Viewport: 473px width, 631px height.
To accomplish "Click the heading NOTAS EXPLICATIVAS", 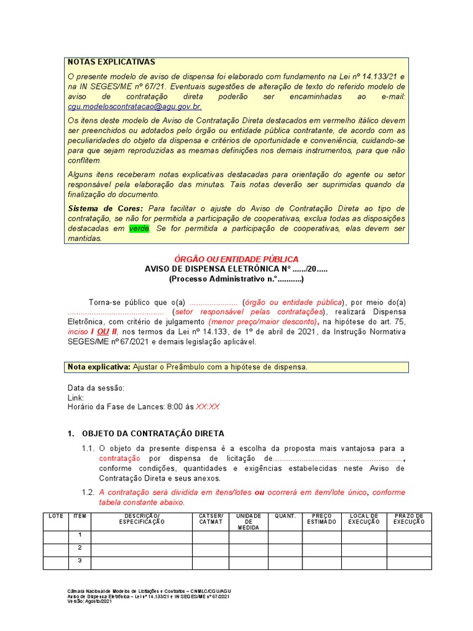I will pyautogui.click(x=111, y=62).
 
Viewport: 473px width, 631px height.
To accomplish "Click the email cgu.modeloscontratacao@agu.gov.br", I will pyautogui.click(x=134, y=107).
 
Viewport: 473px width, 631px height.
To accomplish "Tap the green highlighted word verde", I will pyautogui.click(x=139, y=229).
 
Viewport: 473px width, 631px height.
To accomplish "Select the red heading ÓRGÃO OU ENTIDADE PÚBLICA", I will pyautogui.click(x=236, y=259).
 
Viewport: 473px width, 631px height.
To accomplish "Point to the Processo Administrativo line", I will pyautogui.click(x=236, y=279).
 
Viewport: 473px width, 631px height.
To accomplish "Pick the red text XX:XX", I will pyautogui.click(x=208, y=407).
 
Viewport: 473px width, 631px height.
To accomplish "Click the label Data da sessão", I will pyautogui.click(x=95, y=388).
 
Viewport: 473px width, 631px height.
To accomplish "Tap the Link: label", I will pyautogui.click(x=75, y=397).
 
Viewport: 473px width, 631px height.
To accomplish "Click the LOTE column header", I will pyautogui.click(x=56, y=516).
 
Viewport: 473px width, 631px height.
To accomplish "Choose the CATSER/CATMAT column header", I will pyautogui.click(x=211, y=519).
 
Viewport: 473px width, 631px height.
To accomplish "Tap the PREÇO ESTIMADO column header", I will pyautogui.click(x=322, y=519).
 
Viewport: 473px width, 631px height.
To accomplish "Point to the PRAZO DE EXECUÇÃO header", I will pyautogui.click(x=409, y=519).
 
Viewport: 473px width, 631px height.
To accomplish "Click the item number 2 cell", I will pyautogui.click(x=79, y=548).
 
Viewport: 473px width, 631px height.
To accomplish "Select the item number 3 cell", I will pyautogui.click(x=79, y=561).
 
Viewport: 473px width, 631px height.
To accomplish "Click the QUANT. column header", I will pyautogui.click(x=285, y=516).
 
